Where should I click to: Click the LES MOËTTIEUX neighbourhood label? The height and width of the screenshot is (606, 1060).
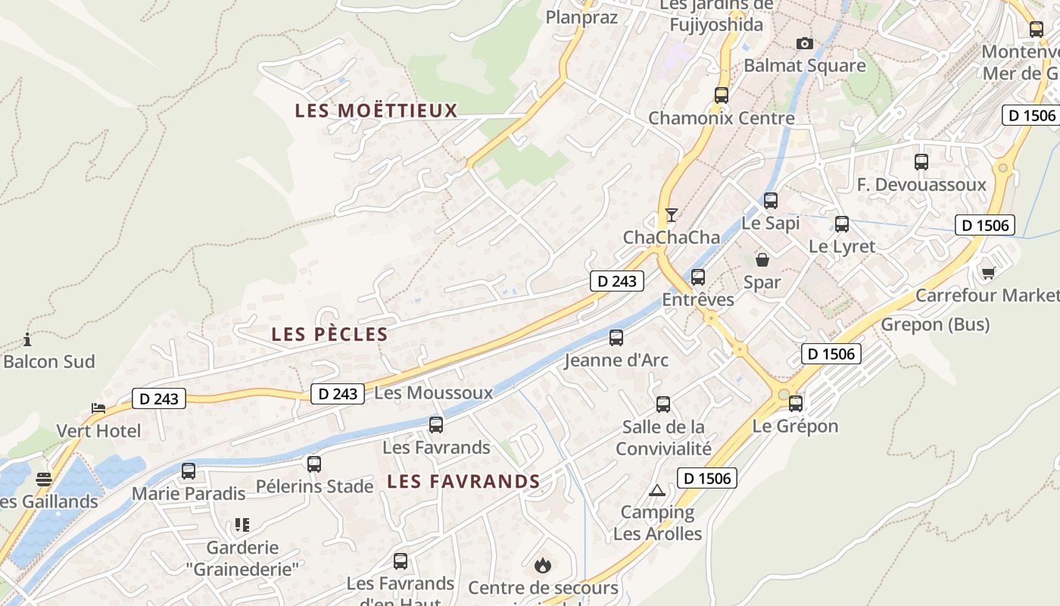[376, 111]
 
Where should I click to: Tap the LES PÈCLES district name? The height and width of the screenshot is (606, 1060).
[329, 334]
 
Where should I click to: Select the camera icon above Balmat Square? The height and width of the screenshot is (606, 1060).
[805, 44]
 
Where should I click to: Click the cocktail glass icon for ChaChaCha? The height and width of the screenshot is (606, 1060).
[671, 215]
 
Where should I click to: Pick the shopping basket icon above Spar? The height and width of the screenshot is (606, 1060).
[762, 260]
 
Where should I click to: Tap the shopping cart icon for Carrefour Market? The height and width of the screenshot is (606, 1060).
[988, 273]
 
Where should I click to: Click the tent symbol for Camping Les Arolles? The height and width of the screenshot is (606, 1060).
[656, 490]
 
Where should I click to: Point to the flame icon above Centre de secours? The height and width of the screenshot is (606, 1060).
[542, 565]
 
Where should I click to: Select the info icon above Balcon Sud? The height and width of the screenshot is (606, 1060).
[28, 339]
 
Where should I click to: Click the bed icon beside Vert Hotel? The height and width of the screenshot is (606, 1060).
[98, 408]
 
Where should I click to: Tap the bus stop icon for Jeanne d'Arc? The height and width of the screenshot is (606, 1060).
[616, 337]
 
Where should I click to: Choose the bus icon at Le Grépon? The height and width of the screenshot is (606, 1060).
[796, 403]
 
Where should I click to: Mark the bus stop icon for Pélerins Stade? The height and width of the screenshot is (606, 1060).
[314, 464]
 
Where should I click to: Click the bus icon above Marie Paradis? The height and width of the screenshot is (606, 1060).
[189, 471]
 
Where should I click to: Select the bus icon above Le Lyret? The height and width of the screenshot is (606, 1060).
[842, 224]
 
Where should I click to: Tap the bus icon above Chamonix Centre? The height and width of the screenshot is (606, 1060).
[722, 95]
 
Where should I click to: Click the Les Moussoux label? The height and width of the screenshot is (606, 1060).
[433, 393]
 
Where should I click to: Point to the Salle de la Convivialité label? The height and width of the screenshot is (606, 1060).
[663, 438]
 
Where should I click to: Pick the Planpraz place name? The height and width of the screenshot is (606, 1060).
[581, 17]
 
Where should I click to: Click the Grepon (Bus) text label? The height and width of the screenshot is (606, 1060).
[935, 325]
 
